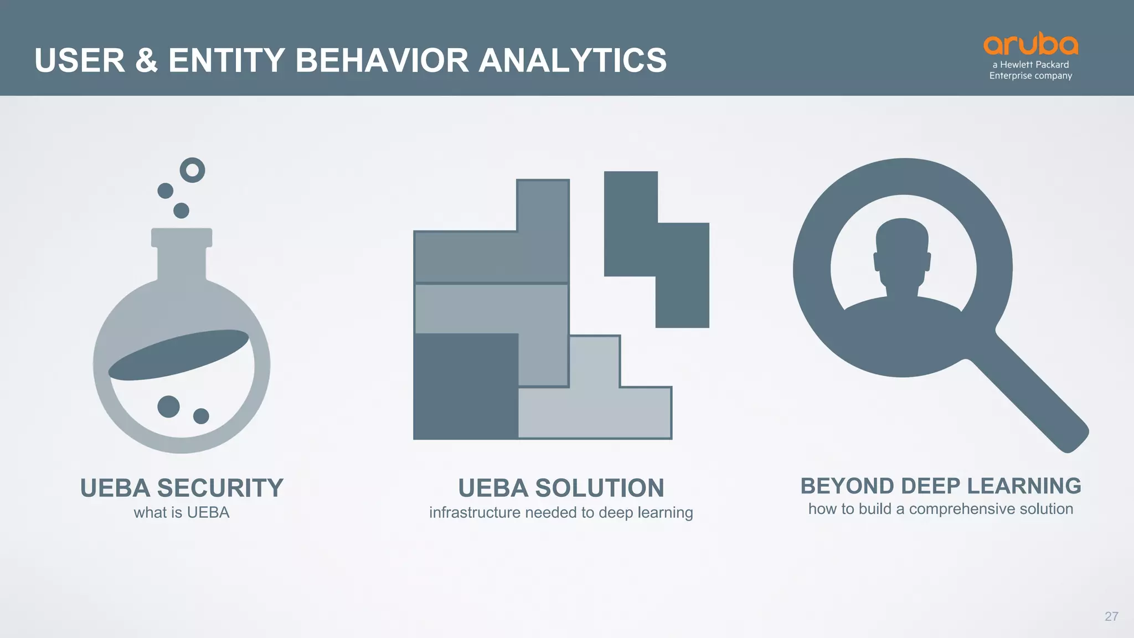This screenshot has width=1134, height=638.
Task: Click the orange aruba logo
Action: click(1030, 44)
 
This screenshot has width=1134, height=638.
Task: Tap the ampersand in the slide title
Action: click(146, 60)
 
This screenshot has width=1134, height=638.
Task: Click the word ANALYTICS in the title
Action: click(573, 60)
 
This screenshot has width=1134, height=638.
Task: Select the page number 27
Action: click(1111, 616)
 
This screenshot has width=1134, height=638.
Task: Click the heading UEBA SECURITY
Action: click(182, 488)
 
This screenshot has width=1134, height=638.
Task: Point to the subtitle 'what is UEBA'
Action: click(182, 512)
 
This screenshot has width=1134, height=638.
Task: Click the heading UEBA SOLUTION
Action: click(561, 488)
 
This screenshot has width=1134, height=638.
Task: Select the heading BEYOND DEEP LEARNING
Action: click(940, 486)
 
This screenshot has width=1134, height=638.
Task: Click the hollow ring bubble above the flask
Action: click(192, 170)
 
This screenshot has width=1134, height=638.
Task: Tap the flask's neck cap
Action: click(182, 237)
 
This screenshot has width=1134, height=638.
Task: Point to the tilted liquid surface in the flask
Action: click(178, 355)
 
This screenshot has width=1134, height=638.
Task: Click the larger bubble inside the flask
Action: click(168, 407)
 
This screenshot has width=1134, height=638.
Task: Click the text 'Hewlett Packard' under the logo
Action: click(1034, 65)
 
